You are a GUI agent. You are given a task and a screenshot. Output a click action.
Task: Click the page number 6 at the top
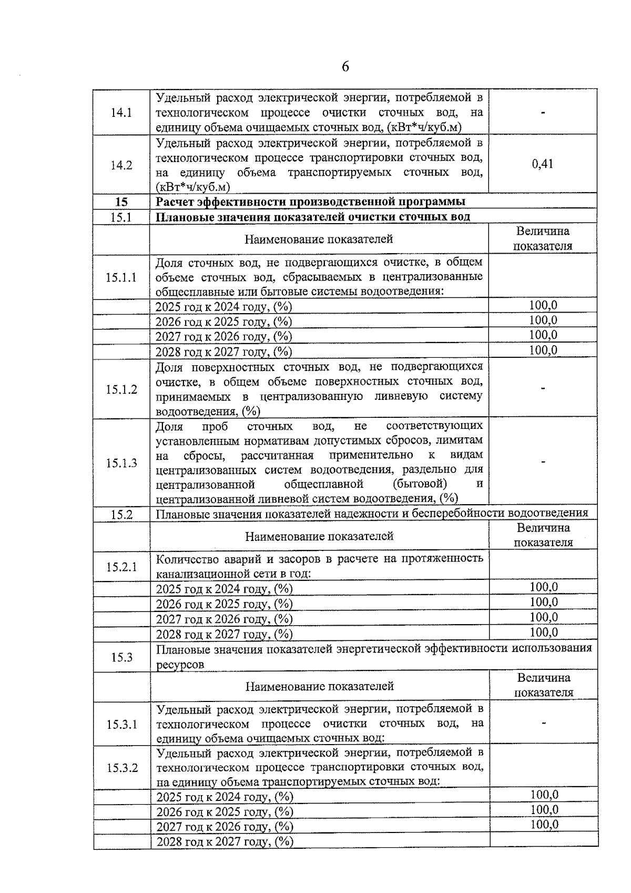(345, 67)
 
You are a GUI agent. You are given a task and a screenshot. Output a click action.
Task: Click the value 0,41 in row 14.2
(543, 164)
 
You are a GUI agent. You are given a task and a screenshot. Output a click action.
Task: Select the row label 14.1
(121, 112)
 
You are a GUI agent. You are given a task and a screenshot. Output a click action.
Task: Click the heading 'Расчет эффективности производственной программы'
(310, 202)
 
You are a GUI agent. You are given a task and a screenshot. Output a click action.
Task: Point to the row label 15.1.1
(121, 277)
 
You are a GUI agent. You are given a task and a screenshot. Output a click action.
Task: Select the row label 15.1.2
(121, 389)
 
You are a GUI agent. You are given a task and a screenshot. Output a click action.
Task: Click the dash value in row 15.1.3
(543, 462)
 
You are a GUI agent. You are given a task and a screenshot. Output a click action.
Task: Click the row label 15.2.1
(121, 567)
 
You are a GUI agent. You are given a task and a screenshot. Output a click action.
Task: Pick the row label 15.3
(121, 657)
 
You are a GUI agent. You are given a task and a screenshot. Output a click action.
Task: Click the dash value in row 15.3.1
(544, 723)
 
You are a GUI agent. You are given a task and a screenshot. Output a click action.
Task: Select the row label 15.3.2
(122, 768)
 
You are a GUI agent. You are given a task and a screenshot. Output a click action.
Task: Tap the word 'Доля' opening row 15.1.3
(169, 426)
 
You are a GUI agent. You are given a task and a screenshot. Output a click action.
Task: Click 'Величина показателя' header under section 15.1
(543, 238)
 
